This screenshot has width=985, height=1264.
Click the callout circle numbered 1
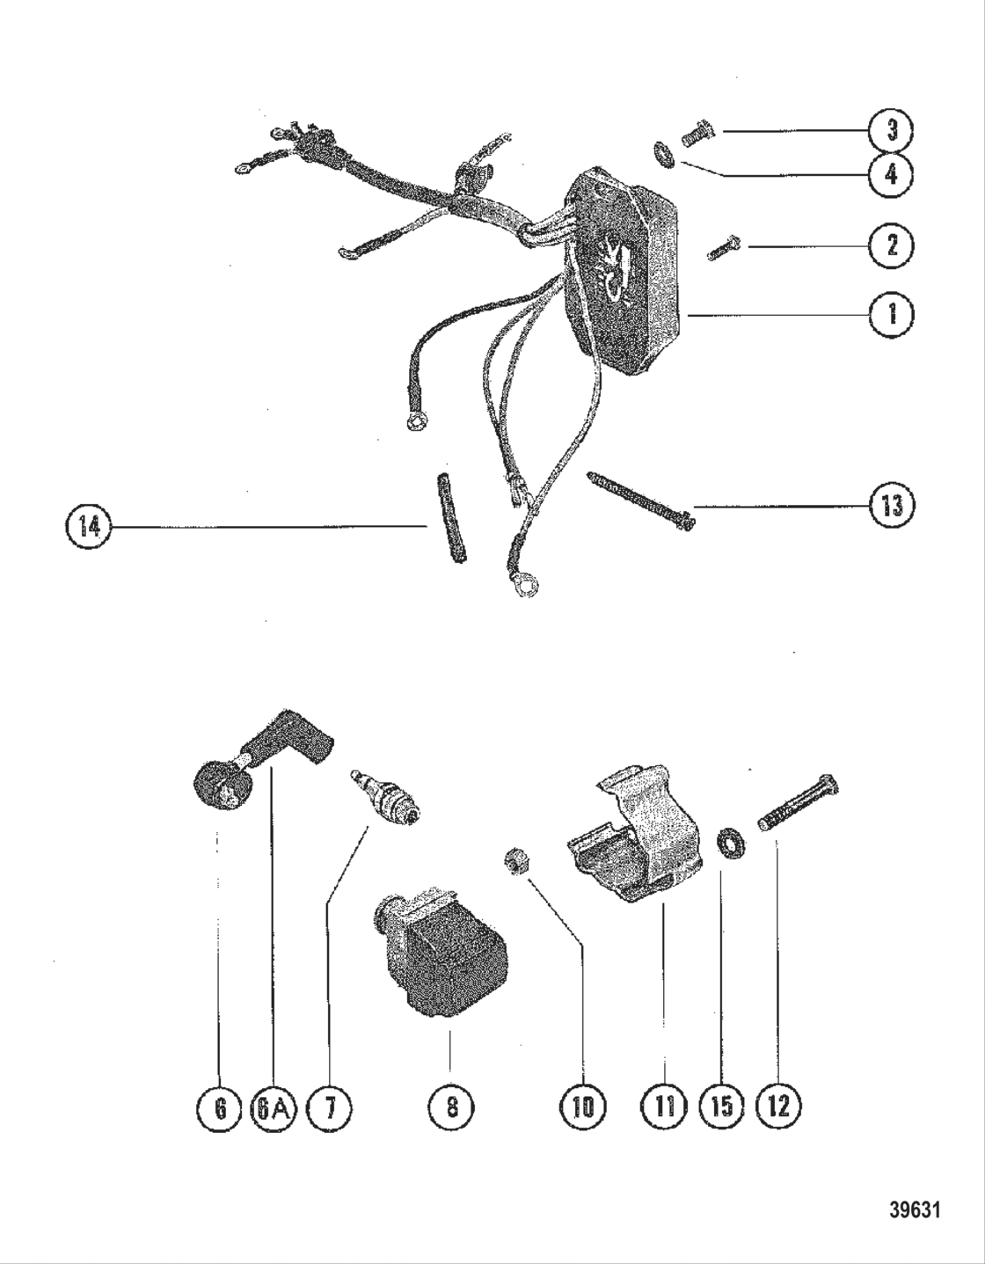tap(891, 314)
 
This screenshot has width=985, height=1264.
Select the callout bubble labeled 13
tap(891, 507)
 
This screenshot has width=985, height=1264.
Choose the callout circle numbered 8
tap(450, 1107)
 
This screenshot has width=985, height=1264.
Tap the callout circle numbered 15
tap(721, 1107)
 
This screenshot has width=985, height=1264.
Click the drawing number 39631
tap(914, 1210)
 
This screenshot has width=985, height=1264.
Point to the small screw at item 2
tap(726, 248)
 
